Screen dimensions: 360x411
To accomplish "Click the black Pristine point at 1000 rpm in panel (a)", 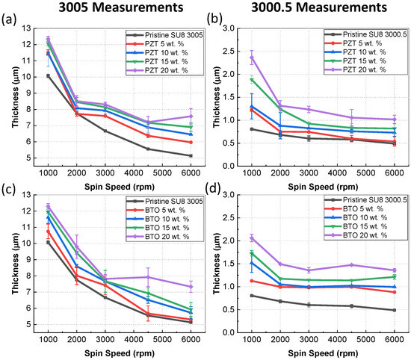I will click(48, 75).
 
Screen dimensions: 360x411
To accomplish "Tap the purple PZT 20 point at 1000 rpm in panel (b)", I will click(252, 57).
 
